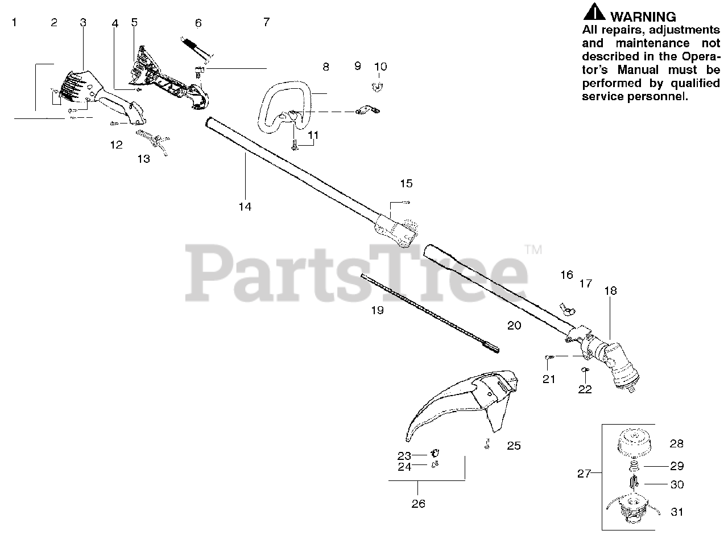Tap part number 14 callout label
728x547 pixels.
tap(245, 207)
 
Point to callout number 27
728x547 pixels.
tap(584, 474)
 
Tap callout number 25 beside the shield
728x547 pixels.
tap(514, 446)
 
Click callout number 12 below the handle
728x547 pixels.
tap(116, 145)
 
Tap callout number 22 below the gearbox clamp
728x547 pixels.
tap(585, 389)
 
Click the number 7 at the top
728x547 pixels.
tap(266, 22)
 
